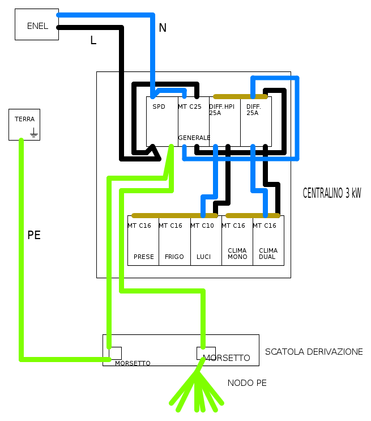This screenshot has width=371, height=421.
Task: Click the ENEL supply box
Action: (37, 24)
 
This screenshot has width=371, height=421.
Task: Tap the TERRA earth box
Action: (24, 124)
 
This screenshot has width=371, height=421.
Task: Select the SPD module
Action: (162, 121)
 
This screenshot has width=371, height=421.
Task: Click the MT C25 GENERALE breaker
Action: (193, 121)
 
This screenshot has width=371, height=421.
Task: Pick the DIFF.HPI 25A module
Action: (224, 121)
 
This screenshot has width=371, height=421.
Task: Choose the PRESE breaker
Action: (143, 241)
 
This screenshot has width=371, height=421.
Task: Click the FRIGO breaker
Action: (174, 241)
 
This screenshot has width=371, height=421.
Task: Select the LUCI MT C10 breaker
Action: (206, 241)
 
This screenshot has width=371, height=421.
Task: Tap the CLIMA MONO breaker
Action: (237, 241)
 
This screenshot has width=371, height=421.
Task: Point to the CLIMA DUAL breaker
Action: (268, 241)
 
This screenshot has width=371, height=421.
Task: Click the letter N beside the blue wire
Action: (163, 28)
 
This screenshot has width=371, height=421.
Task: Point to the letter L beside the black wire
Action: (93, 40)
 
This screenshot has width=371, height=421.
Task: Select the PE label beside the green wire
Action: (34, 235)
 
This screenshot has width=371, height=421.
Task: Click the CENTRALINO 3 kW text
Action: (332, 193)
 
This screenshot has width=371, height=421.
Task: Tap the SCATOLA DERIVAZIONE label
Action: (314, 352)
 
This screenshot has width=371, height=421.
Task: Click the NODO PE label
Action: (247, 383)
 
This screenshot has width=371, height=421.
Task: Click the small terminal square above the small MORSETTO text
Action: (116, 353)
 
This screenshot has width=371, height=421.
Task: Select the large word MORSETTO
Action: (227, 358)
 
